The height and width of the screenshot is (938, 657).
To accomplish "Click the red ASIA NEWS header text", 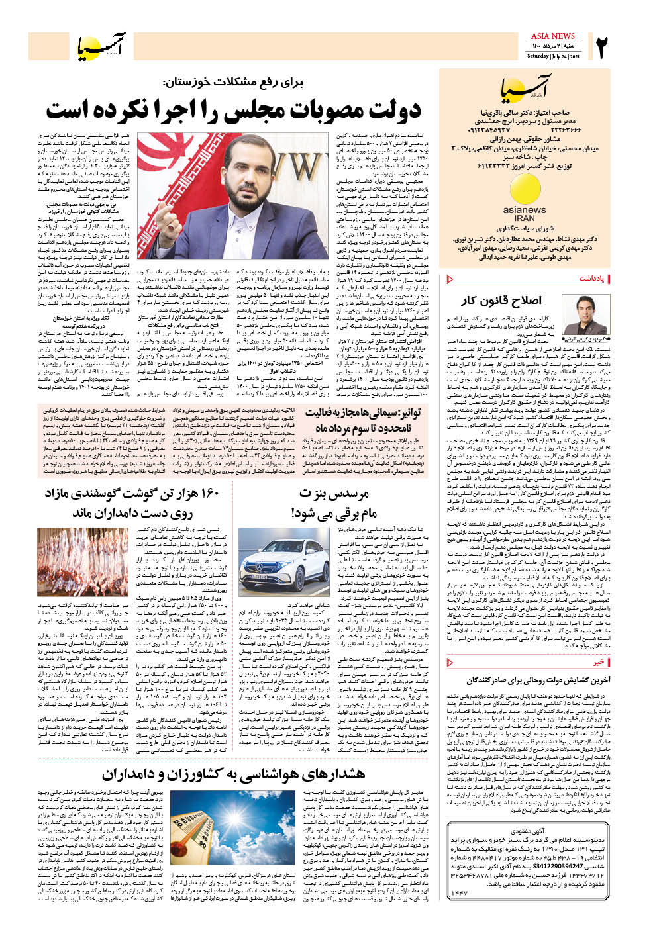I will click(552, 36).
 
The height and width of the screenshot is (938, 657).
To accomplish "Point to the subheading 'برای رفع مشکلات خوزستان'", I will click(234, 83).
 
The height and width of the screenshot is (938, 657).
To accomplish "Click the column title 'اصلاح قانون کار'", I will click(501, 301).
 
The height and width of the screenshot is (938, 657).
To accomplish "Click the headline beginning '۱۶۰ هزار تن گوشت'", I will click(131, 503).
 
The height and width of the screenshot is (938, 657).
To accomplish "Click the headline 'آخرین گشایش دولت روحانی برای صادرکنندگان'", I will click(538, 680).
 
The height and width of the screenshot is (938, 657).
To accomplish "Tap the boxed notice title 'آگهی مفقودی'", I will click(528, 829).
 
